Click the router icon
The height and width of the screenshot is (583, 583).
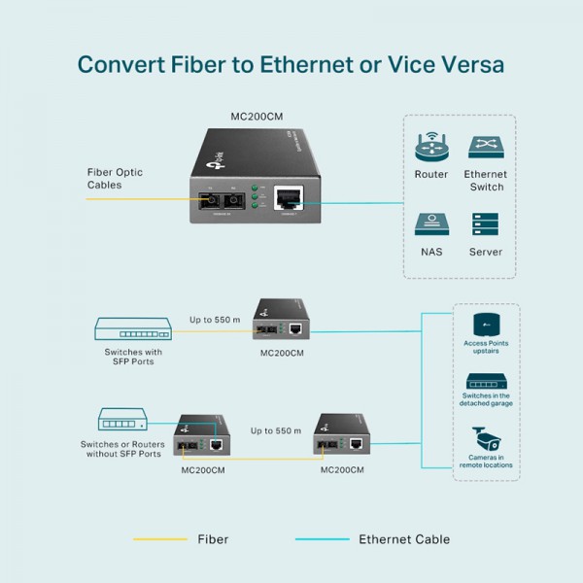[x=430, y=148]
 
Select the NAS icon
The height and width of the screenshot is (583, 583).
[x=430, y=223]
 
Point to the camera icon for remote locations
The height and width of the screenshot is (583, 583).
[x=485, y=438]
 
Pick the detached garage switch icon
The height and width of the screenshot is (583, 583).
[x=485, y=381]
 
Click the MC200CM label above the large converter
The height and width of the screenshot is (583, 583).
[x=257, y=116]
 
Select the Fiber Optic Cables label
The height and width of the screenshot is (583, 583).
[x=115, y=178]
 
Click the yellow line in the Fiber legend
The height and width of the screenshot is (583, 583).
[x=159, y=538]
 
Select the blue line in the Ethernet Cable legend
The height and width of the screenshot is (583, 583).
[x=322, y=538]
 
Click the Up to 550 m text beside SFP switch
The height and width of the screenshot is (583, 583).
[x=215, y=320]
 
